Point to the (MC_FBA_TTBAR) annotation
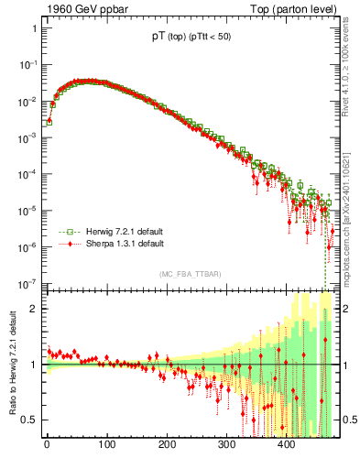point(190,274)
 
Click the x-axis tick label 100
point(106,444)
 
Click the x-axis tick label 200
point(167,444)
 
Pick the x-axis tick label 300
point(226,444)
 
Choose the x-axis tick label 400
point(287,444)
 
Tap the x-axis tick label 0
point(47,444)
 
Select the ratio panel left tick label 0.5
point(29,420)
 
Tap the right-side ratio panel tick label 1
point(346,365)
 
